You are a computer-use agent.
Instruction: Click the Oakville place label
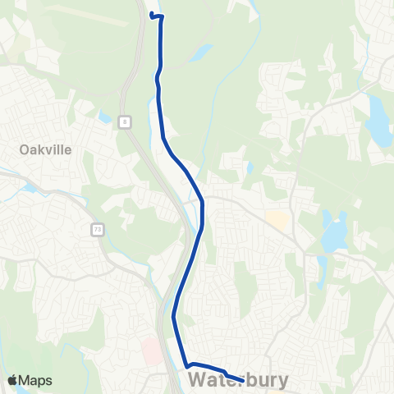point(46,149)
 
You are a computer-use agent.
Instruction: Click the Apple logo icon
point(14,380)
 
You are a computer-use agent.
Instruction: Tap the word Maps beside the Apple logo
point(36,380)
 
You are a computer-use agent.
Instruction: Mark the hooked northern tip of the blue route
point(152,14)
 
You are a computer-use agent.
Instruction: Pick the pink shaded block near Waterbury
point(152,350)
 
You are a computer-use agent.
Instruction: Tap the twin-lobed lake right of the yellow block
point(335,232)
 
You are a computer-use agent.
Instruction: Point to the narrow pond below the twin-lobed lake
point(322,267)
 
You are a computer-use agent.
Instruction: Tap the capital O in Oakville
point(25,149)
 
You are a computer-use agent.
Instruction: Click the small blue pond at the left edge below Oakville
point(30,187)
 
